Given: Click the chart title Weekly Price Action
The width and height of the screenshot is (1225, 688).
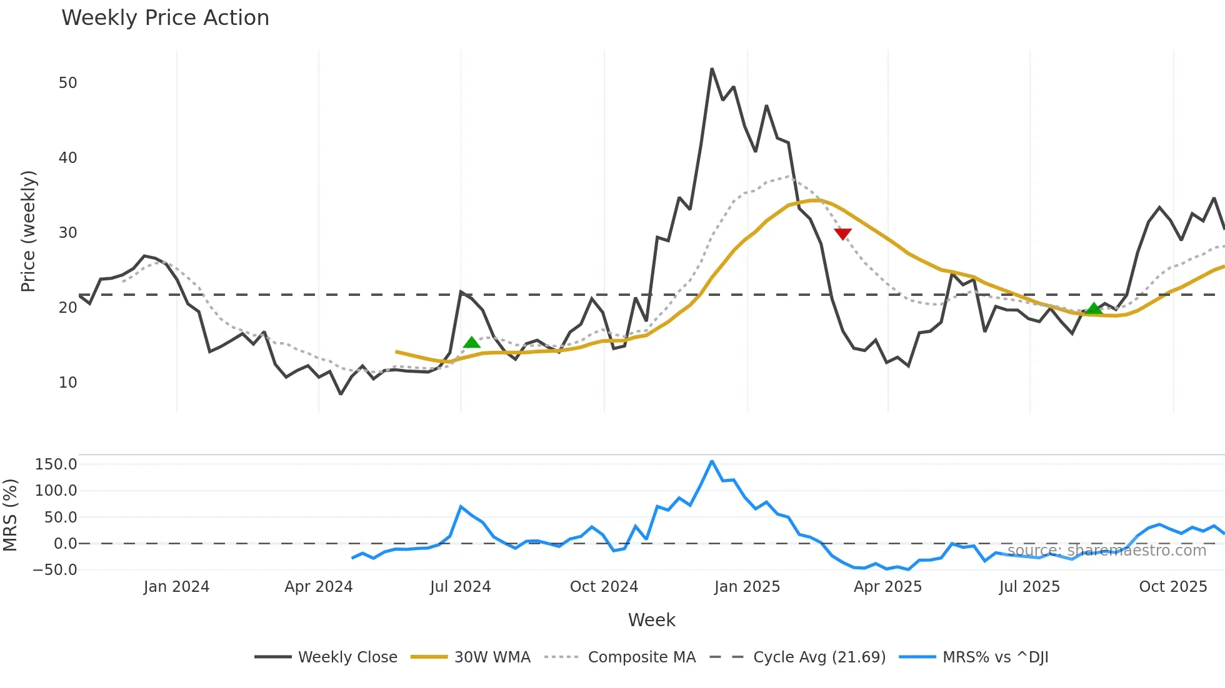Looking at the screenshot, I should click(x=165, y=18).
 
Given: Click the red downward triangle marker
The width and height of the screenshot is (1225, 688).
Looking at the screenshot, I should click(x=842, y=233).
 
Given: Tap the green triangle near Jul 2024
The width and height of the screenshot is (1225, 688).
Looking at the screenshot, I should click(x=472, y=342).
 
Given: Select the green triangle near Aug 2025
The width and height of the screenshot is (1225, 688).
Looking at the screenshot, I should click(x=1094, y=308).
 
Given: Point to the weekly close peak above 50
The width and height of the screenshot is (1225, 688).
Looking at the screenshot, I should click(x=712, y=69).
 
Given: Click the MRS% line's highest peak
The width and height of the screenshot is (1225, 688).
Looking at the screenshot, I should click(x=712, y=462).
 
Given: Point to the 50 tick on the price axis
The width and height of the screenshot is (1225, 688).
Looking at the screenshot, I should click(x=67, y=83).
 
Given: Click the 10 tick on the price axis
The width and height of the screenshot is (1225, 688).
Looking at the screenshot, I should click(x=67, y=383).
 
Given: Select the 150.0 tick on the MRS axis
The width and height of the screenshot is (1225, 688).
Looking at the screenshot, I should click(x=56, y=464).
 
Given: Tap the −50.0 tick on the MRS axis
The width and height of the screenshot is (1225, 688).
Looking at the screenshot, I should click(x=55, y=570).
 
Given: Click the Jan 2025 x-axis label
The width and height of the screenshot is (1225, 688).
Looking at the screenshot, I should click(x=747, y=587).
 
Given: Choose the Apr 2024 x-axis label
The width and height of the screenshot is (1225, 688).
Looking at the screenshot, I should click(x=319, y=587).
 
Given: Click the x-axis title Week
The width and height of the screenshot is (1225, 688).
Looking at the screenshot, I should click(x=651, y=620).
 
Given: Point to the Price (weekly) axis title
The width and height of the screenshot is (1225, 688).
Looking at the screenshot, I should click(x=29, y=231).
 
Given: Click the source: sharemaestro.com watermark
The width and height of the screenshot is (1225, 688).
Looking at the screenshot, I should click(x=1106, y=551).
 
